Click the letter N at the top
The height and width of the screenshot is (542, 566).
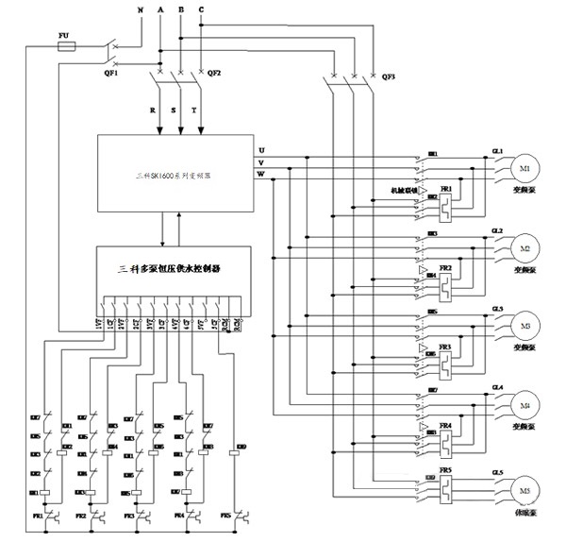pos(141,8)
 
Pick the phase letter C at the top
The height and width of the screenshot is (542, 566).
pos(200,8)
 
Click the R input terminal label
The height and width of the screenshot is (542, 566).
pos(151,110)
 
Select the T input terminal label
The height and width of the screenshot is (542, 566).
pos(195,110)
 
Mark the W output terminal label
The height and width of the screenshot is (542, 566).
pos(261,173)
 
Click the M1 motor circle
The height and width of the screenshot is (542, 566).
pos(526,169)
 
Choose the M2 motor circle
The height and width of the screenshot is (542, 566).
pos(526,248)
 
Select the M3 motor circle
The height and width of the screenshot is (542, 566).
pos(526,327)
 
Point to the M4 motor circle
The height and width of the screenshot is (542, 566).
pos(526,406)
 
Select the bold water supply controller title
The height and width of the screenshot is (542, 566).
pos(174,269)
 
